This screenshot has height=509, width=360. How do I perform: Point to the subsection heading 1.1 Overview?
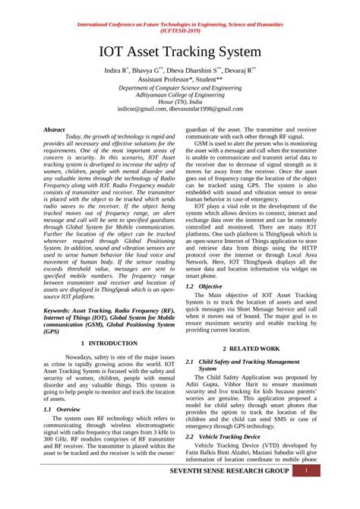pyautogui.click(x=63, y=408)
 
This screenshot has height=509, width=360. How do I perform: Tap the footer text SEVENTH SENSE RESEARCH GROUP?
pyautogui.click(x=219, y=472)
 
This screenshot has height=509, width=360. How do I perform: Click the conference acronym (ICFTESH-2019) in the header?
pyautogui.click(x=180, y=33)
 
